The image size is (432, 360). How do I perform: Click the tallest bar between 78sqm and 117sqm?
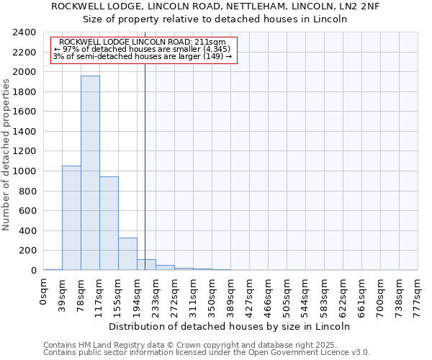coord(90,173)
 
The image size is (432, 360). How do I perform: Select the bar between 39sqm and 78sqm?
coord(71,217)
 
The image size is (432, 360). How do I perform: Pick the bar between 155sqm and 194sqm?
coord(127,253)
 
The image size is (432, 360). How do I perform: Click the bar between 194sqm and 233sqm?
coord(146,264)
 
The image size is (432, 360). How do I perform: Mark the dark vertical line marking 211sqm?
coord(145,158)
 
